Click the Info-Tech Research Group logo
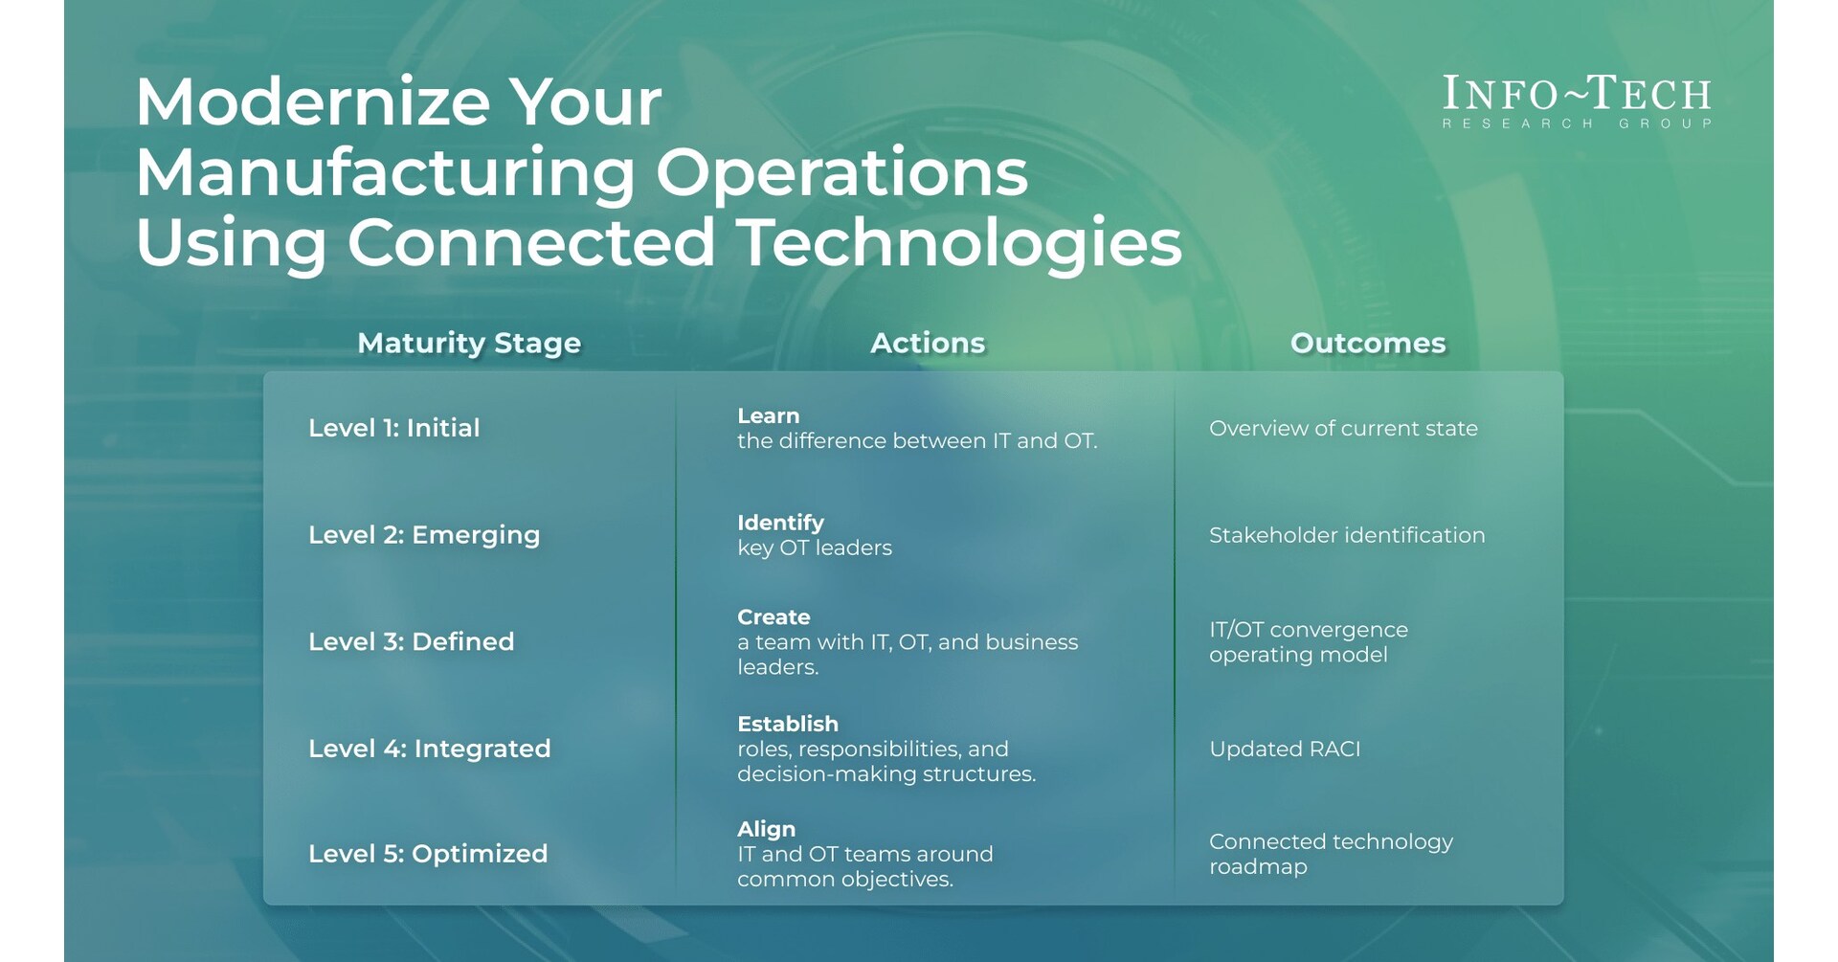tap(1577, 101)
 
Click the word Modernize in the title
tap(312, 101)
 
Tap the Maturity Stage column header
tap(469, 343)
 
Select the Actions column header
tap(928, 343)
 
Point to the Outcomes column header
tap(1368, 343)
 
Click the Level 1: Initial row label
tap(394, 428)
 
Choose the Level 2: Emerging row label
tap(424, 535)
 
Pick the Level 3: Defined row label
tap(412, 641)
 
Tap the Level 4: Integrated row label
tap(430, 749)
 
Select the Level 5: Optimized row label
tap(428, 854)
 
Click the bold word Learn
tap(768, 416)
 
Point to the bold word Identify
tap(780, 523)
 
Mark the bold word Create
tap(773, 617)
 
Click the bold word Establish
tap(788, 724)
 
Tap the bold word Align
tap(766, 829)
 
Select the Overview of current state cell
tap(1343, 429)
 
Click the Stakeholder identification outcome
tap(1347, 535)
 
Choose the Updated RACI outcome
tap(1285, 749)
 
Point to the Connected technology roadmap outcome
tap(1331, 854)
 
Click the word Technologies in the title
tap(960, 242)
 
